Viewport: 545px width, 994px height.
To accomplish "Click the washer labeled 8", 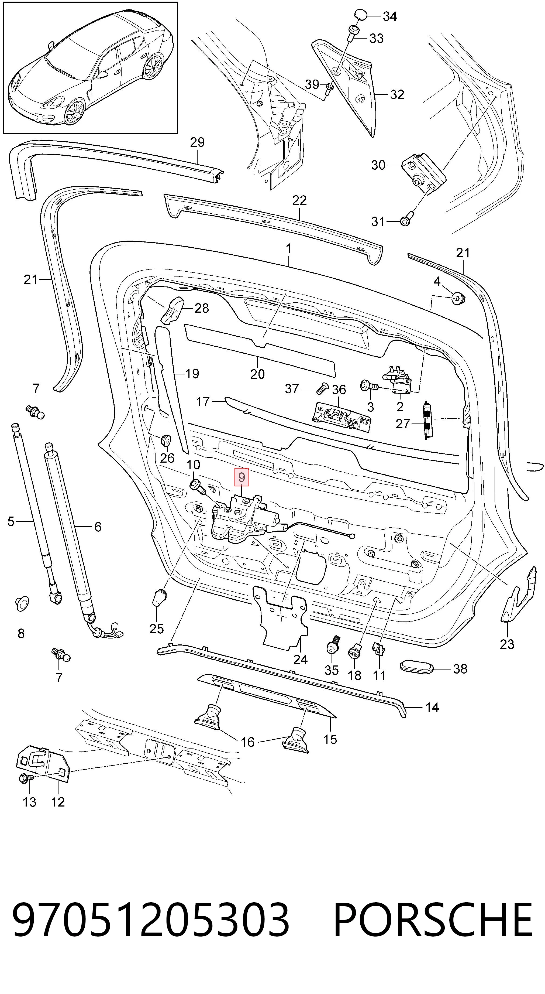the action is pos(22,603).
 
